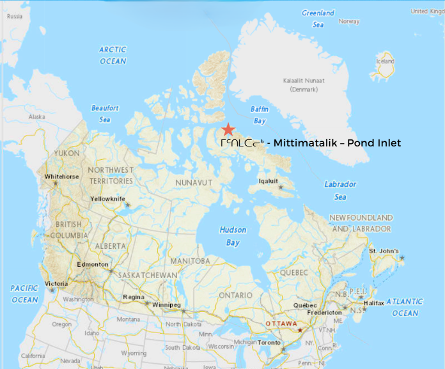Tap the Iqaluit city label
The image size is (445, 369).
pyautogui.click(x=269, y=181)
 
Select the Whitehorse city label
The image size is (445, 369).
pyautogui.click(x=61, y=177)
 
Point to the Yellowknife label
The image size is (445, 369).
pyautogui.click(x=107, y=199)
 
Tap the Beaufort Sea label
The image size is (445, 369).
pyautogui.click(x=105, y=114)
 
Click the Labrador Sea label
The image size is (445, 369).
pyautogui.click(x=340, y=191)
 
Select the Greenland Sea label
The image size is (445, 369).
pyautogui.click(x=318, y=19)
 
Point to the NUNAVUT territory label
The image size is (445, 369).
pyautogui.click(x=194, y=183)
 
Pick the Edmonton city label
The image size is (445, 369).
pyautogui.click(x=92, y=264)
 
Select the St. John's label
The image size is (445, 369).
pyautogui.click(x=384, y=251)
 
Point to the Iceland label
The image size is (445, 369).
pyautogui.click(x=386, y=61)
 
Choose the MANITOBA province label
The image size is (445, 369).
pyautogui.click(x=190, y=261)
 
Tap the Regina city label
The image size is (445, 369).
pyautogui.click(x=133, y=297)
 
